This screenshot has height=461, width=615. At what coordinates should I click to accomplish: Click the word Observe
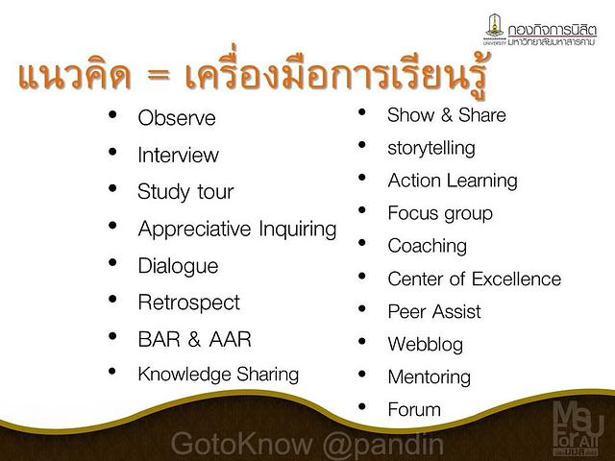point(177,118)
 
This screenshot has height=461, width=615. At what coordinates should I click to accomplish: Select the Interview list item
point(178,155)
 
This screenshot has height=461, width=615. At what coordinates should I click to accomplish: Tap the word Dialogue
point(178,267)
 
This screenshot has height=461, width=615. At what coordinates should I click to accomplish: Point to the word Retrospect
point(188,303)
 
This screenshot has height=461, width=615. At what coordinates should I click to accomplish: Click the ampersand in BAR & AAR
point(194,339)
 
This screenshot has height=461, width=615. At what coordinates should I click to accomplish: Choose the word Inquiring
point(298,230)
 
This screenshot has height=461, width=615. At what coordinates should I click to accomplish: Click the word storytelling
point(431,149)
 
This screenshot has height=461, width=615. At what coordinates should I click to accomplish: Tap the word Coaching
point(427,247)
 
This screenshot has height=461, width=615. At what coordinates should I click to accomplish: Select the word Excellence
point(517,279)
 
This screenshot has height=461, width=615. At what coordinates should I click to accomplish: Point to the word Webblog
point(425,345)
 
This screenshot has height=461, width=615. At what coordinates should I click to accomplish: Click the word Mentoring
point(430,377)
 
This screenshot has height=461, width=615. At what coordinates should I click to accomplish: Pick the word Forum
point(414,410)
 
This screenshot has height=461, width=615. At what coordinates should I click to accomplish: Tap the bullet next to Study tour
point(112,188)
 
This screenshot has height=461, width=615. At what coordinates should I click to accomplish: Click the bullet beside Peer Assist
point(362,309)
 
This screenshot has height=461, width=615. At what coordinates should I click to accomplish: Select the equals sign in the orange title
point(159,75)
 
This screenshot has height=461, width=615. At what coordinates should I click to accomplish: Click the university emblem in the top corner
point(495,27)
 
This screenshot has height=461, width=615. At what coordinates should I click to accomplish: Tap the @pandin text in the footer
point(382,445)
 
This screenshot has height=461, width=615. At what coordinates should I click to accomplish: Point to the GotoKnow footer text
point(241,444)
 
